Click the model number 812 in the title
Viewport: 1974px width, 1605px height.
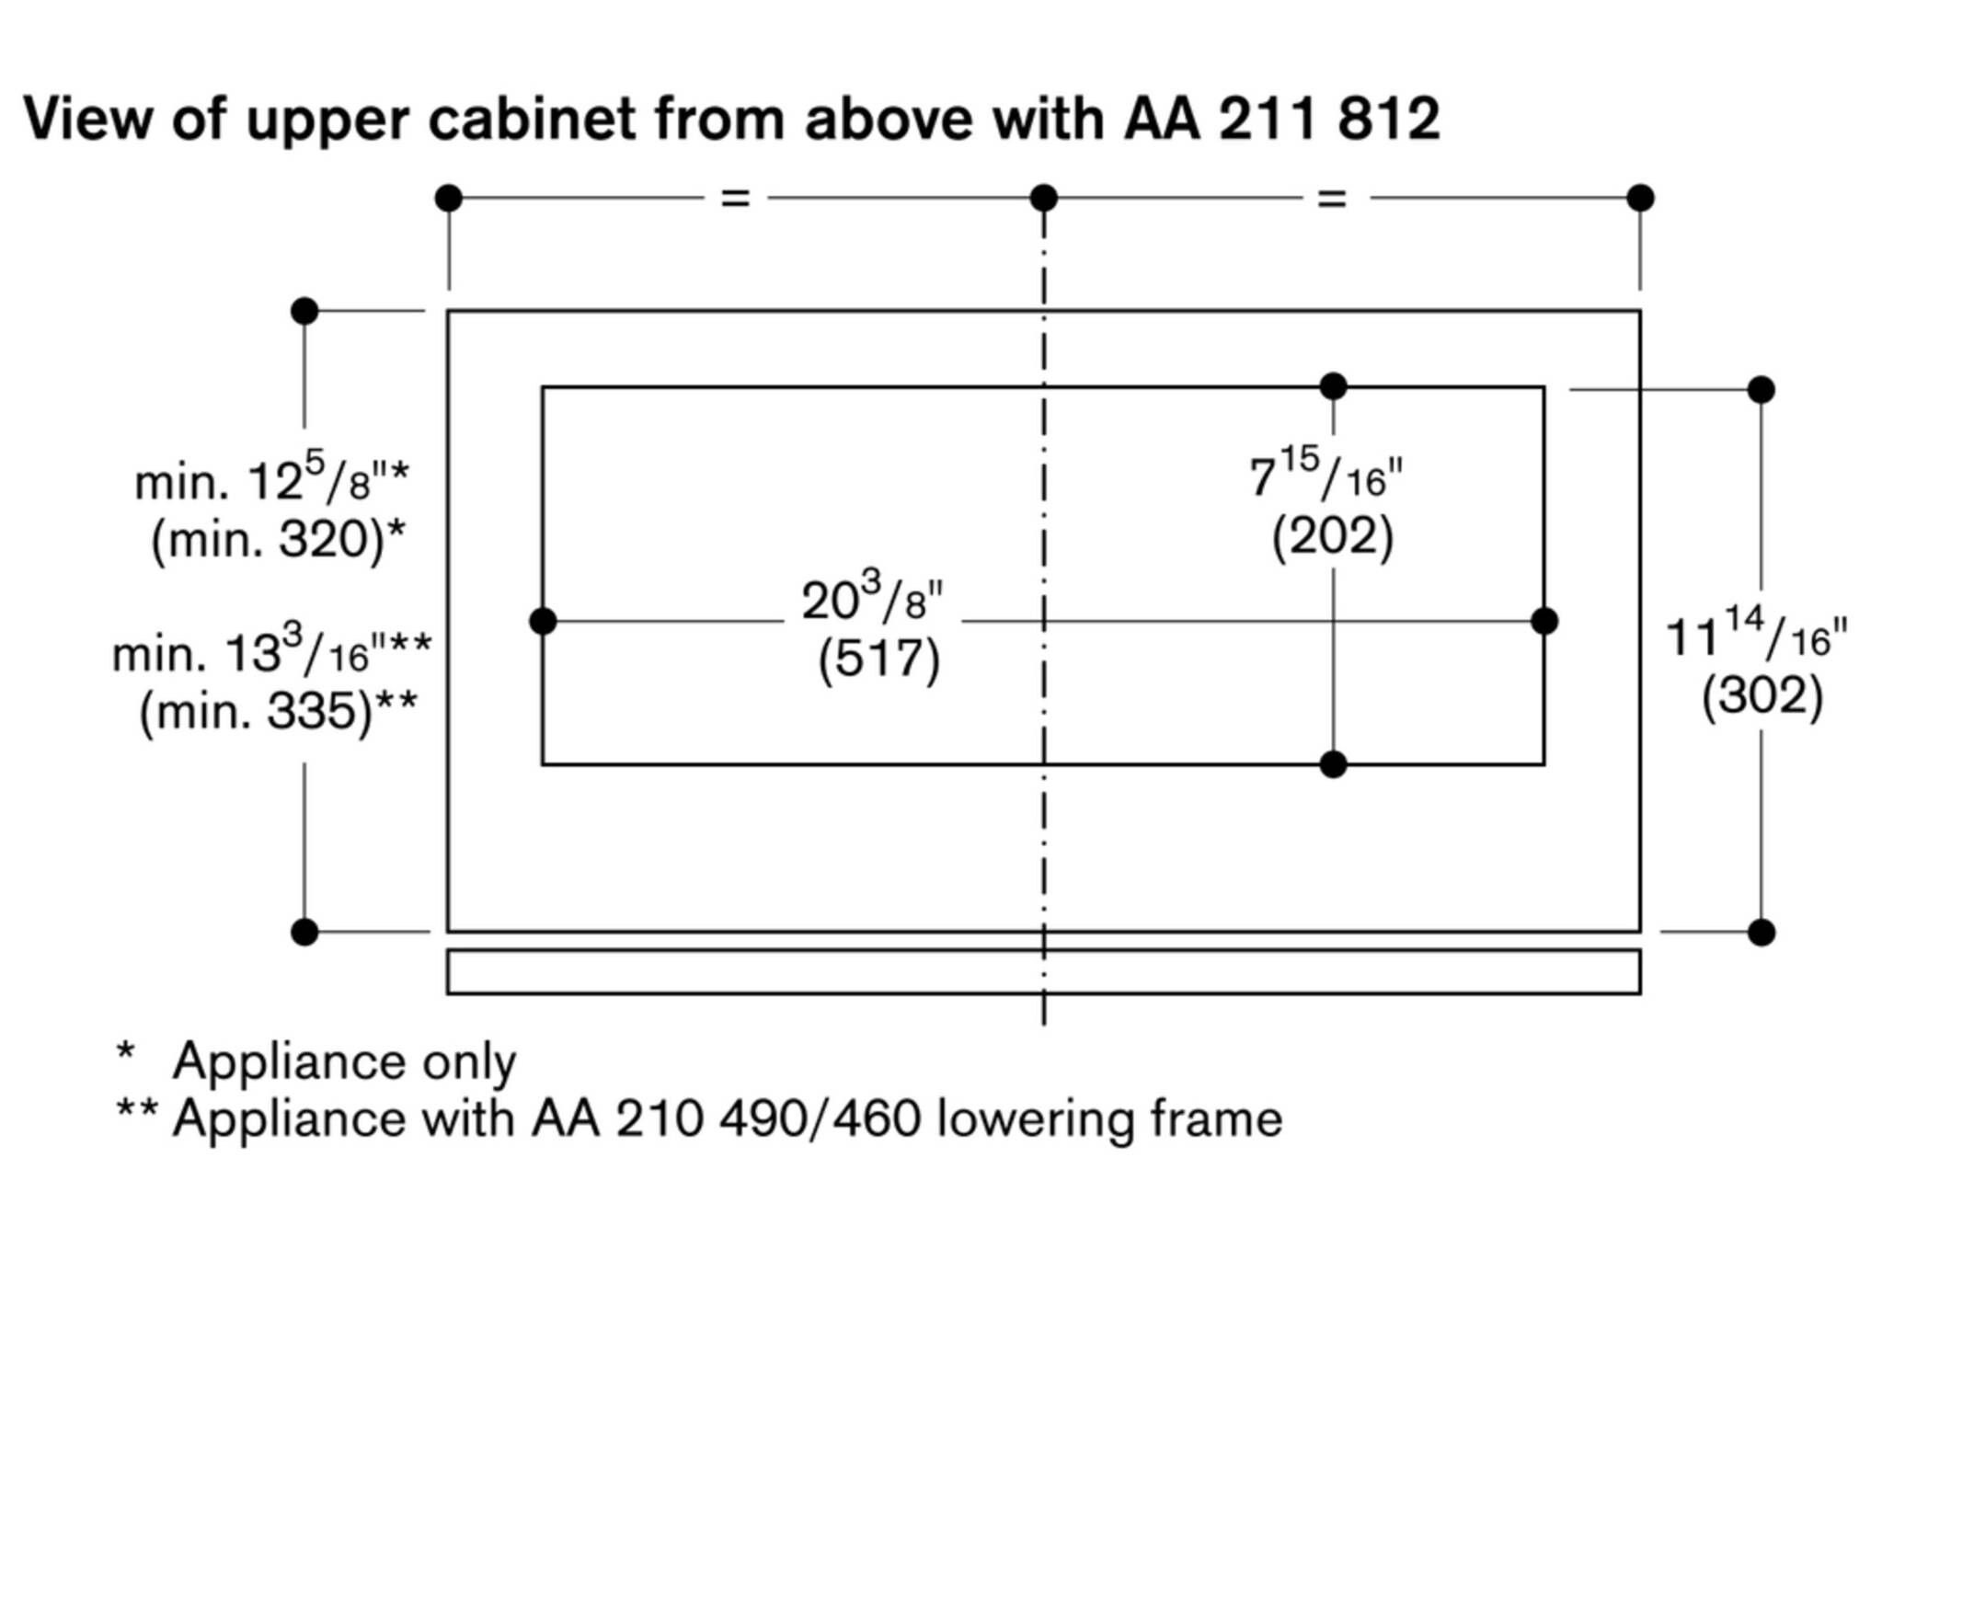(1387, 120)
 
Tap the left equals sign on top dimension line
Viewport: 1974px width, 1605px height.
(735, 198)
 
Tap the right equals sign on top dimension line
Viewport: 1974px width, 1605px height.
(1331, 198)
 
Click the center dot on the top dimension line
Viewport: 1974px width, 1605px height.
(1044, 198)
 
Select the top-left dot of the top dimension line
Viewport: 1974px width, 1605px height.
(448, 198)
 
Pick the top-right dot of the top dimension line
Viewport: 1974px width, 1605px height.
(1640, 198)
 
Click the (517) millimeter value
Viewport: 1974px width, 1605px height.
(878, 660)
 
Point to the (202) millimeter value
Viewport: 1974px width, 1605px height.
(1332, 537)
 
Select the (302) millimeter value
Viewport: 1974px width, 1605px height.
(1762, 696)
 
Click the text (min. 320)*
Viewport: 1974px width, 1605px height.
(278, 539)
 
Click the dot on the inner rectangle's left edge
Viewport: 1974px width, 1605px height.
(543, 621)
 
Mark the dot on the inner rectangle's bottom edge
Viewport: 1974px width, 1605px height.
(1332, 764)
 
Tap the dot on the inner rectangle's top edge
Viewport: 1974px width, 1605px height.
(1332, 386)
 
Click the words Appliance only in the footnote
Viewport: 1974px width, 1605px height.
(344, 1061)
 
